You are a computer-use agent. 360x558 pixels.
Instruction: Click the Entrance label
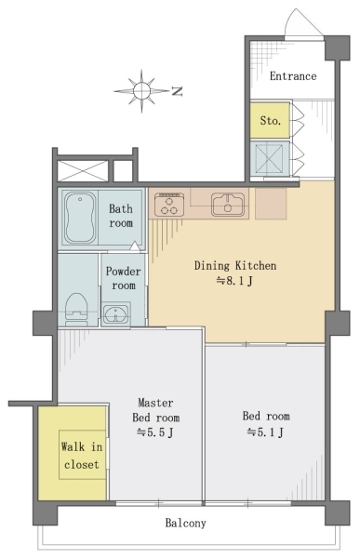[x=293, y=76]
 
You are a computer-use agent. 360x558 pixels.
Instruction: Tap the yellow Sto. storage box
[x=270, y=120]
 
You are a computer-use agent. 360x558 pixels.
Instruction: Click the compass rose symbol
[x=141, y=91]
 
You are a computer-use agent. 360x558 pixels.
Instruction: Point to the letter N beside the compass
[x=177, y=91]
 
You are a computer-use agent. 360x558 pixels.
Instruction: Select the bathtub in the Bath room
[x=80, y=218]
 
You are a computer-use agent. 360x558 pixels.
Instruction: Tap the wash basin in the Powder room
[x=116, y=314]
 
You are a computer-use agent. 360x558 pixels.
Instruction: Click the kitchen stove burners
[x=169, y=205]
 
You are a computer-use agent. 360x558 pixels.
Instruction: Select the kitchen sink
[x=228, y=205]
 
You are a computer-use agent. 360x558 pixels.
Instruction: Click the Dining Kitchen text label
[x=235, y=265]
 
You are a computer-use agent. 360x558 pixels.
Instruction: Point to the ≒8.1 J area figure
[x=234, y=281]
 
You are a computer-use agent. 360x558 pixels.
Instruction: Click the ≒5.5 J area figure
[x=155, y=432]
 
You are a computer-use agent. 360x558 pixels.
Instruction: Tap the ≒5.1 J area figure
[x=266, y=432]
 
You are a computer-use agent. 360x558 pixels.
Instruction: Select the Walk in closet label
[x=82, y=456]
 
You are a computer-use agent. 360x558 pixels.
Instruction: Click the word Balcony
[x=185, y=523]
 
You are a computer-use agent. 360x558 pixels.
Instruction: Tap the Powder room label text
[x=123, y=278]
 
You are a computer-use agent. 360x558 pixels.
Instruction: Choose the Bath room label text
[x=121, y=216]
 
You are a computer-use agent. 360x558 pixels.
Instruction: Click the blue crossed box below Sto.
[x=270, y=159]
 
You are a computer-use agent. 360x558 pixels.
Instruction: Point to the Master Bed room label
[x=155, y=410]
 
